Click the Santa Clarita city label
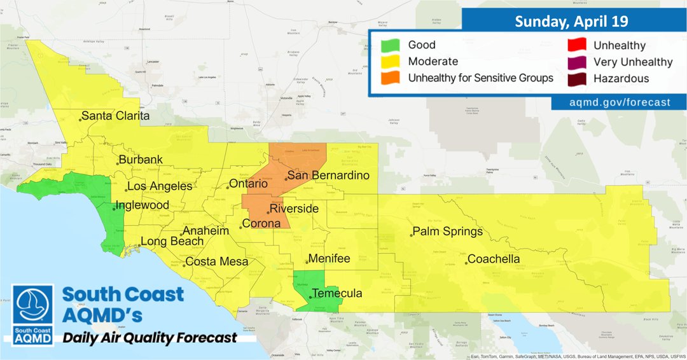115,116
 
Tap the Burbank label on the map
141,160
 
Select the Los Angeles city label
160,186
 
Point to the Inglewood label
143,205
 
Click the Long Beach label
172,242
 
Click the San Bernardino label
328,176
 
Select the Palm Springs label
448,232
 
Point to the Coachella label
493,260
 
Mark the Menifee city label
329,259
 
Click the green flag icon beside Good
389,45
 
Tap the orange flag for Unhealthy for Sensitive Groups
389,78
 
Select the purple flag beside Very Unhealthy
575,62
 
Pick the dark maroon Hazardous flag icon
575,78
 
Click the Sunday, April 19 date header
571,21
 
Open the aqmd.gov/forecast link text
620,102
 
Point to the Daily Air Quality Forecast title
149,338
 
